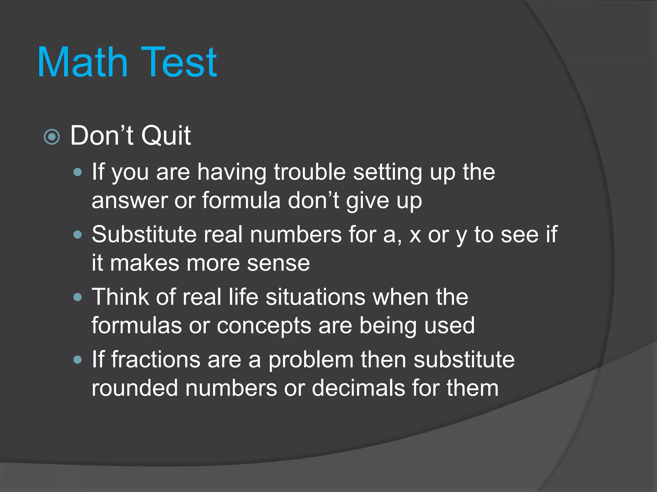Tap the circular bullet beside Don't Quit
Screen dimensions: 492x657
[52, 137]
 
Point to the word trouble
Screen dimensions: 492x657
[310, 172]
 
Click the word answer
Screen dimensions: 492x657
[129, 201]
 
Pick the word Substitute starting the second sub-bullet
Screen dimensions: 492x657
[144, 234]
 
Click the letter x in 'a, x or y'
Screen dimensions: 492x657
[415, 235]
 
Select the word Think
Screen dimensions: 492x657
[120, 297]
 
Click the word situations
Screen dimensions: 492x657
[316, 297]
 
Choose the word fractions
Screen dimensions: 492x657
[156, 359]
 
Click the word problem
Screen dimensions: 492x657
[311, 360]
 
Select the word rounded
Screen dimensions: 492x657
[135, 388]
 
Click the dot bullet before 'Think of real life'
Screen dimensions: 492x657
[77, 297]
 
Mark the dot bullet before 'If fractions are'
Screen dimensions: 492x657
[77, 360]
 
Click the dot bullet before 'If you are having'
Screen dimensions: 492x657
[77, 172]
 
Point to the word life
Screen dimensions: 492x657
[243, 297]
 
